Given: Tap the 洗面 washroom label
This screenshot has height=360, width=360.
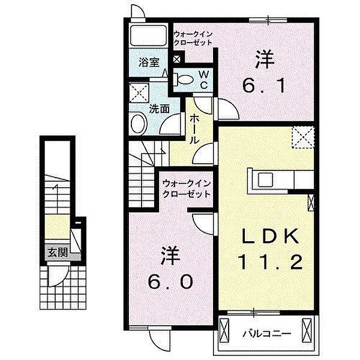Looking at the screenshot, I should pyautogui.click(x=158, y=110).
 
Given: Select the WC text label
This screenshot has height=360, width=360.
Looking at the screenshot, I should pyautogui.click(x=204, y=79).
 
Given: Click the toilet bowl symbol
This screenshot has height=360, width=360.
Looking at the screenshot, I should pyautogui.click(x=184, y=79).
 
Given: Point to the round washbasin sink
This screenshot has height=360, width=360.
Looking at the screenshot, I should pyautogui.click(x=138, y=124).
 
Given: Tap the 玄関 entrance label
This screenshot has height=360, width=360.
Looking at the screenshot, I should pyautogui.click(x=58, y=252).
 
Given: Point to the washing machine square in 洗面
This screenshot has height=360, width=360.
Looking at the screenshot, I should pyautogui.click(x=142, y=94).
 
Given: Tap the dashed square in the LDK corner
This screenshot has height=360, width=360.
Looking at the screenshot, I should pyautogui.click(x=302, y=137).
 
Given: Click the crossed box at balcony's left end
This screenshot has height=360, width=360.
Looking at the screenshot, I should pyautogui.click(x=226, y=329).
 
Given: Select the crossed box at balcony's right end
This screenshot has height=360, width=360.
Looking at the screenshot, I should pyautogui.click(x=308, y=329).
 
